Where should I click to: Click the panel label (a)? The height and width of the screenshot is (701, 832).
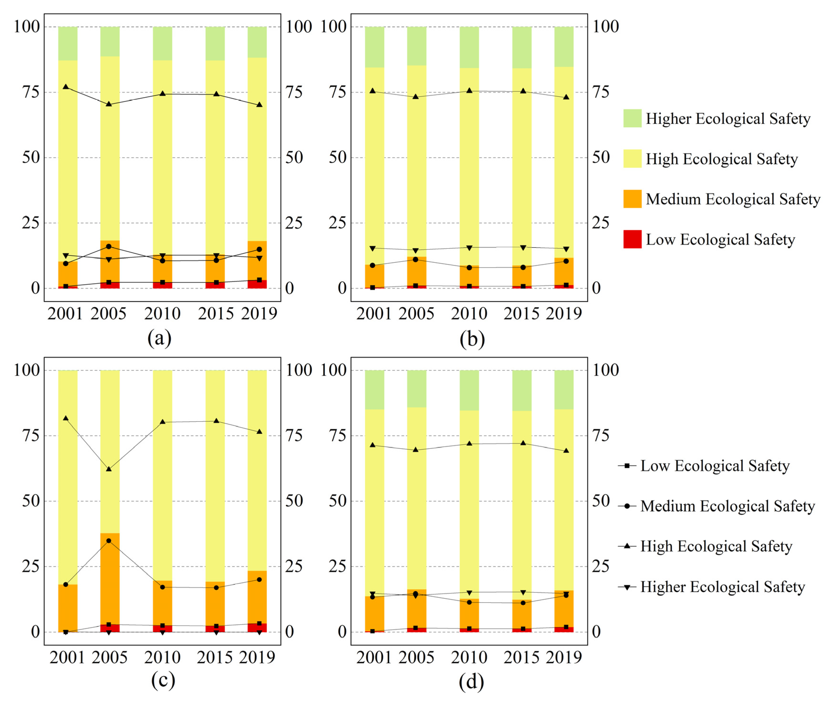pyautogui.click(x=160, y=338)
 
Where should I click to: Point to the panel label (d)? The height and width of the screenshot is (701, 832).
pyautogui.click(x=471, y=682)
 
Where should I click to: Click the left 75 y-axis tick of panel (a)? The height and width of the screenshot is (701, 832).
pyautogui.click(x=31, y=92)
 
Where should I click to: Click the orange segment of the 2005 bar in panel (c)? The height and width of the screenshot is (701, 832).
pyautogui.click(x=110, y=579)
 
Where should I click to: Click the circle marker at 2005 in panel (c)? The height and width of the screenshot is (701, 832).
pyautogui.click(x=109, y=541)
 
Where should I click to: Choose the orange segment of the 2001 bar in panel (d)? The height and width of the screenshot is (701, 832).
pyautogui.click(x=375, y=613)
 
